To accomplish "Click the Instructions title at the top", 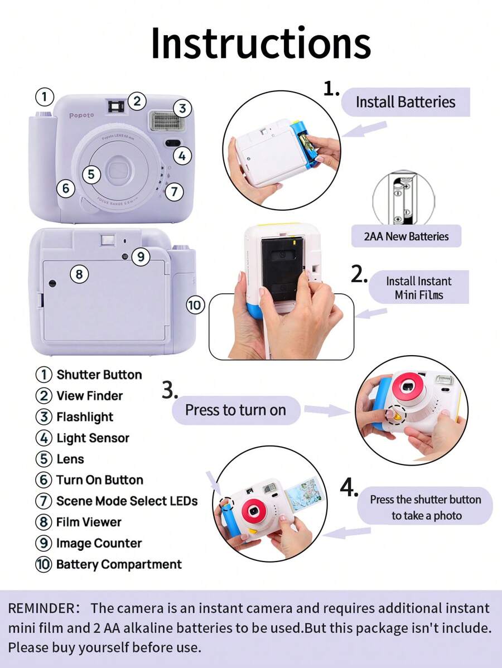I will tap(260, 43).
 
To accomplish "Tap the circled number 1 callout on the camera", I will tap(45, 96).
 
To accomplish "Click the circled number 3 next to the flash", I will tap(182, 108).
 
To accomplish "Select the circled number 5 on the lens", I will tap(91, 174).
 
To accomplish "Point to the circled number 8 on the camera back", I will tap(79, 274).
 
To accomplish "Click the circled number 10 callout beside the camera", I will tap(195, 305).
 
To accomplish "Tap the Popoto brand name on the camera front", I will tap(81, 115).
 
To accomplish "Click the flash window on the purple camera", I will tap(162, 120).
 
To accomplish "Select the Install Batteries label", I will tap(406, 102).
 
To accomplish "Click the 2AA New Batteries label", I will tap(409, 236).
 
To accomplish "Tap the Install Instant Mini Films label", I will tap(418, 288).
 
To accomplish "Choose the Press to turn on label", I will tap(235, 410).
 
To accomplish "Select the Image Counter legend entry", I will tap(98, 543).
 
